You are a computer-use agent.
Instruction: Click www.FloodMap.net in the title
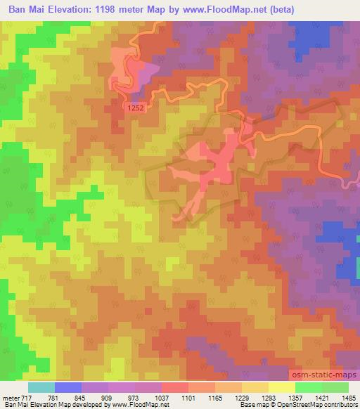[225, 9]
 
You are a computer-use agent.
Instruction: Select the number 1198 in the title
[117, 9]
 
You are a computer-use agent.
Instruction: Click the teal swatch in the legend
[41, 387]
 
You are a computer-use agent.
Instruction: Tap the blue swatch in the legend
[68, 387]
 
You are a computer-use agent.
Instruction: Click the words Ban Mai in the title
[27, 9]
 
